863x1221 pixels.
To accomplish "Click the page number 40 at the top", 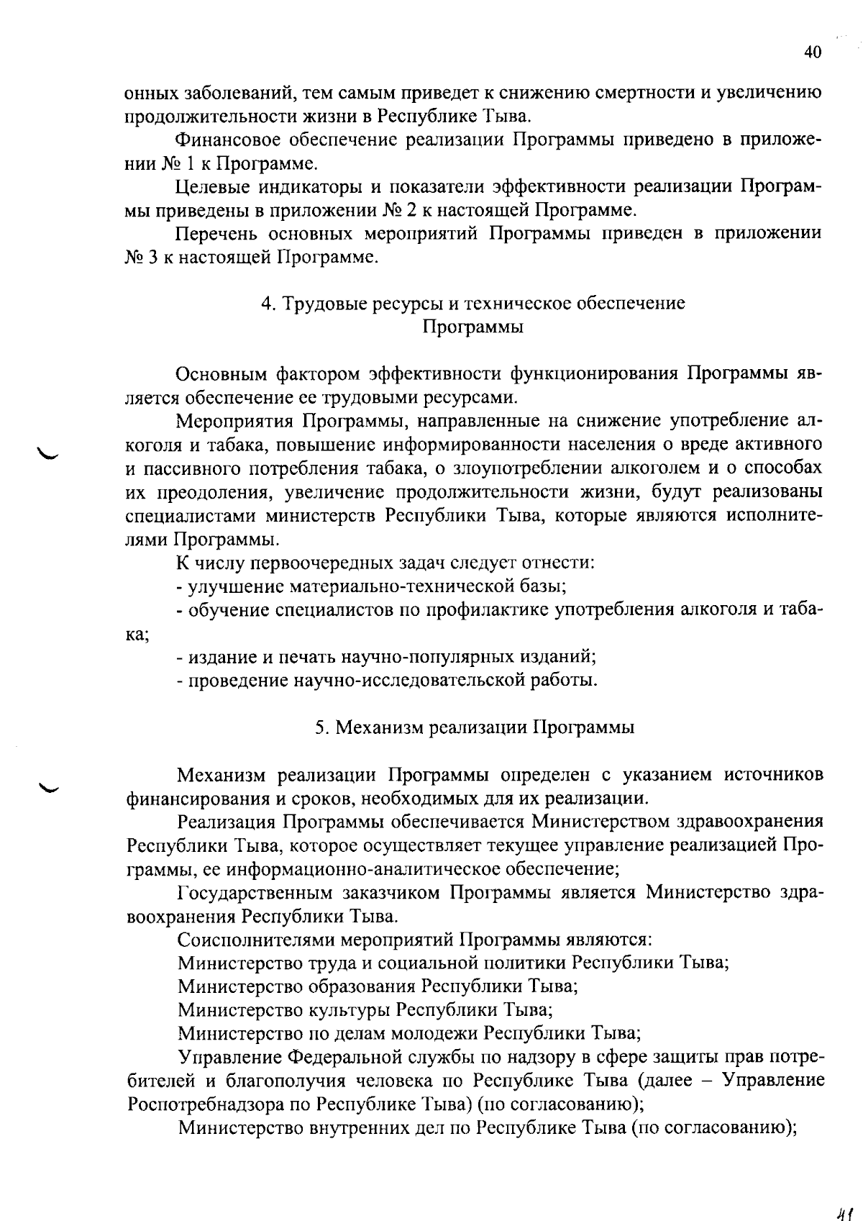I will coord(812,52).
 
